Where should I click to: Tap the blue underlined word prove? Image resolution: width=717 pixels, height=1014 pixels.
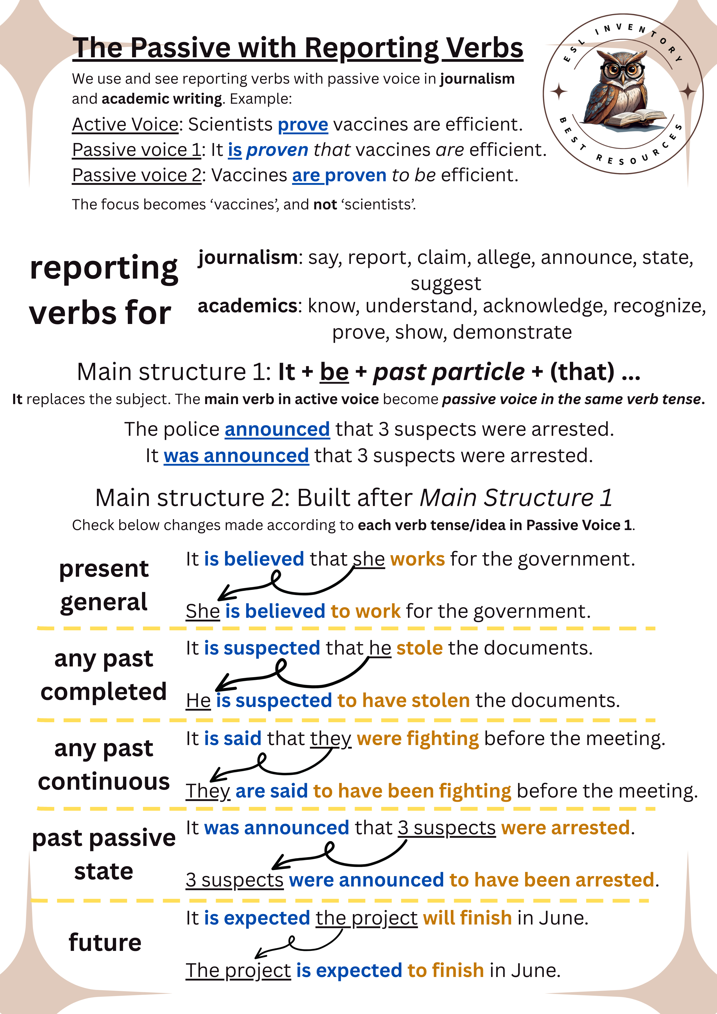[303, 124]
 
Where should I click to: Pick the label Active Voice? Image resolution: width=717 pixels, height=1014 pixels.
[125, 124]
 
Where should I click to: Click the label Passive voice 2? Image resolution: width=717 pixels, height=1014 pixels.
[136, 175]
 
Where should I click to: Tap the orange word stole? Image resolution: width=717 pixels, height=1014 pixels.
[419, 648]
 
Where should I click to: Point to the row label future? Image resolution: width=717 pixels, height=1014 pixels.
[105, 943]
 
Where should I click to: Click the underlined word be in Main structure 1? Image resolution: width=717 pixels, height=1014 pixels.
[334, 372]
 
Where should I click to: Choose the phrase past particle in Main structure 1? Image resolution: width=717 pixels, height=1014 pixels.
[449, 372]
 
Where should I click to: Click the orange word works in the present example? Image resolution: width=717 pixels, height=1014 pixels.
[417, 559]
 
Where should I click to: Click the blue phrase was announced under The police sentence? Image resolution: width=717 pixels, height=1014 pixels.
[236, 456]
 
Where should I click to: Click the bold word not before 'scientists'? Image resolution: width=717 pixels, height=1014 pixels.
[325, 205]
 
